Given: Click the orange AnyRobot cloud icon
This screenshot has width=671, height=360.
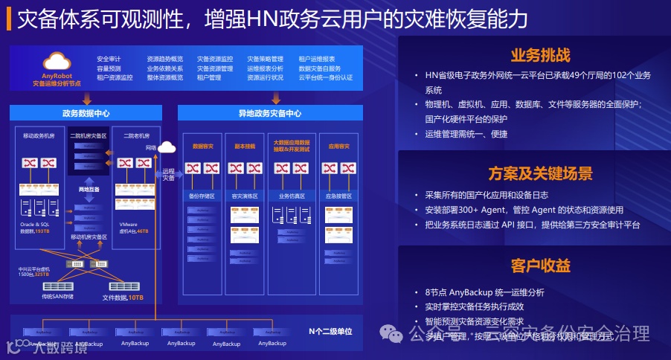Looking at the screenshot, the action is pyautogui.click(x=57, y=61).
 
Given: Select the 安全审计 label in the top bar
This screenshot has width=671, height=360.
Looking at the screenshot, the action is pyautogui.click(x=109, y=59).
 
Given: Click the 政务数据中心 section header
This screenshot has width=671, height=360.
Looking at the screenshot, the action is pyautogui.click(x=86, y=114).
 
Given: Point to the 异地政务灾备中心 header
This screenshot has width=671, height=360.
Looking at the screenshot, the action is pyautogui.click(x=270, y=114).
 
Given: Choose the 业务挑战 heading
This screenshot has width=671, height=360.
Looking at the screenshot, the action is pyautogui.click(x=540, y=56).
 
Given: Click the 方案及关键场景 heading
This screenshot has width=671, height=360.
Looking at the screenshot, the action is pyautogui.click(x=540, y=174).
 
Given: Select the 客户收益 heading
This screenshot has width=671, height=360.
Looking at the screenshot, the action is pyautogui.click(x=540, y=266).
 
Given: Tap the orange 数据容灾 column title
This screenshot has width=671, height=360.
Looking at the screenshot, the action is pyautogui.click(x=203, y=147).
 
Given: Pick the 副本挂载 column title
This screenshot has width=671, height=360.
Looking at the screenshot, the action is pyautogui.click(x=245, y=147).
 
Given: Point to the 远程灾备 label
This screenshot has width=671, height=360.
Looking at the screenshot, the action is pyautogui.click(x=169, y=174).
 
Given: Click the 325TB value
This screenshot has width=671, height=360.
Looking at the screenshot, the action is pyautogui.click(x=42, y=274).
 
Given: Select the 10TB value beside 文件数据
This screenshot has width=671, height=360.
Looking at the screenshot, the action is pyautogui.click(x=135, y=298).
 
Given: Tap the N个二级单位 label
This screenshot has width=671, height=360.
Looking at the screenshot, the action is pyautogui.click(x=330, y=330).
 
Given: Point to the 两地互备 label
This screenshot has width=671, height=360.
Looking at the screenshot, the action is pyautogui.click(x=89, y=190).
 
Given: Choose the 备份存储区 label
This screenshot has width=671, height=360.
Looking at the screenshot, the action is pyautogui.click(x=202, y=196).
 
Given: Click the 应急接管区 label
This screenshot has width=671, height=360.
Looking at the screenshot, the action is pyautogui.click(x=338, y=196).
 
